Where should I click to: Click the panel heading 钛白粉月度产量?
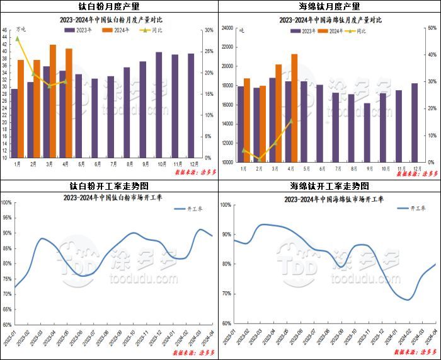coord(110,6)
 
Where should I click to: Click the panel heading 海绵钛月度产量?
coord(329,6)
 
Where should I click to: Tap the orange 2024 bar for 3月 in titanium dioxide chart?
coord(53,101)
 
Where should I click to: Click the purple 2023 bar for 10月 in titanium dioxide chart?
coord(159,105)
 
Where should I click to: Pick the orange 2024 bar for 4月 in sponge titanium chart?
coord(294,107)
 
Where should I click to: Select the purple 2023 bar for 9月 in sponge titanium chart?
coord(367,132)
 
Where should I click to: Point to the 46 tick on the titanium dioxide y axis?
coord(5,30)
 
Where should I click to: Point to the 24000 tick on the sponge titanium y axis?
coord(227,28)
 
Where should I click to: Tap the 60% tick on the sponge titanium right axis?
coord(432,28)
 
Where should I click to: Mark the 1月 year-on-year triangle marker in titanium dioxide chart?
coord(17,38)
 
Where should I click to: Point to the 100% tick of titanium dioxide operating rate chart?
coord(7,202)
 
